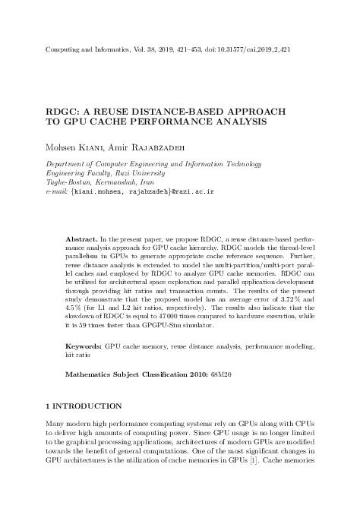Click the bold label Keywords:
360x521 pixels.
click(x=84, y=367)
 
